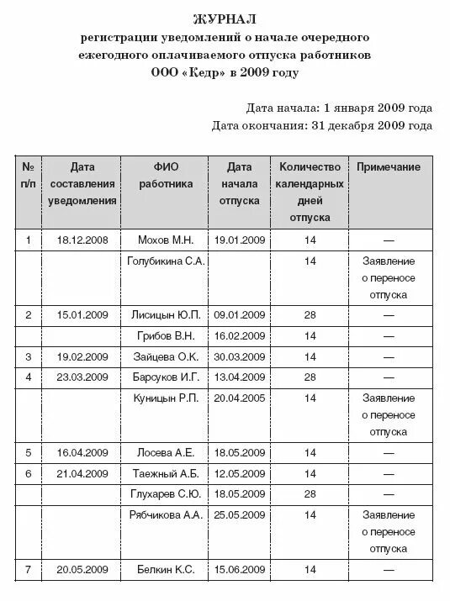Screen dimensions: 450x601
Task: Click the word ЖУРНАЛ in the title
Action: (x=225, y=18)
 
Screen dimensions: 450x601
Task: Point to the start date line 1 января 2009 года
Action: (x=339, y=108)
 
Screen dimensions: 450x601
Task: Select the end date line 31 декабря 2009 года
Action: (x=322, y=126)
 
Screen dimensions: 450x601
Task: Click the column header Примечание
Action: (x=389, y=167)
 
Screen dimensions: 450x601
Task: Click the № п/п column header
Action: (x=29, y=175)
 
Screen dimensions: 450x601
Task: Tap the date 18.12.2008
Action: (x=82, y=240)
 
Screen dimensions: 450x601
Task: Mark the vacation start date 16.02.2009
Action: (x=240, y=336)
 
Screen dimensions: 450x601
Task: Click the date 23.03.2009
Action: (x=82, y=376)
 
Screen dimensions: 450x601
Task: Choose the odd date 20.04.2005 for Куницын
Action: (x=240, y=397)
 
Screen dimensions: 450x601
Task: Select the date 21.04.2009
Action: (x=82, y=472)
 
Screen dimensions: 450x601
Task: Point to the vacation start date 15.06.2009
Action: (x=240, y=571)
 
